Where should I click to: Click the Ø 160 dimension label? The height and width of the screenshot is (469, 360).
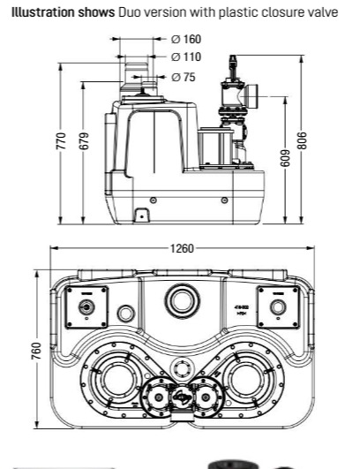(x=186, y=39)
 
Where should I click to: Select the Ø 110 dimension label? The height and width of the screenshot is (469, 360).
(x=186, y=57)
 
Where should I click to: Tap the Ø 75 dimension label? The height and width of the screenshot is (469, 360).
(x=184, y=77)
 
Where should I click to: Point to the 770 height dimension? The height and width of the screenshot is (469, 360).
(x=61, y=140)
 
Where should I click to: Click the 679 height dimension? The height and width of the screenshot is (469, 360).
(x=85, y=140)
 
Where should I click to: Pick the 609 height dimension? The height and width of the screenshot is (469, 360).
(x=285, y=158)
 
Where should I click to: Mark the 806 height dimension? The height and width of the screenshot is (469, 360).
(x=302, y=140)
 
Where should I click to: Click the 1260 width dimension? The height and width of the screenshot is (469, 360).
(x=182, y=248)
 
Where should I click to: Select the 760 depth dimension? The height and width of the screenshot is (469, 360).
(x=36, y=351)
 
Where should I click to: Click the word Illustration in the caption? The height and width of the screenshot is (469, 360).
(x=43, y=12)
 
